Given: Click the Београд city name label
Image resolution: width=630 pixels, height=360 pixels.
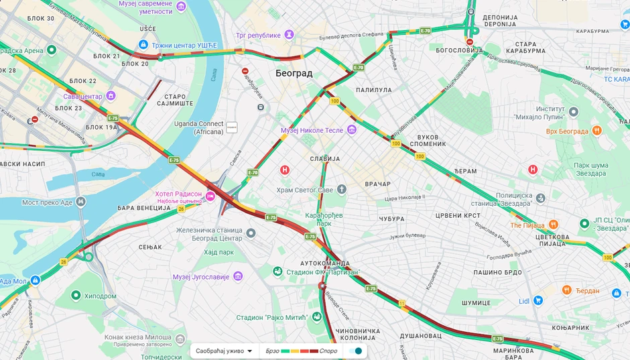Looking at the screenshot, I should [294, 73].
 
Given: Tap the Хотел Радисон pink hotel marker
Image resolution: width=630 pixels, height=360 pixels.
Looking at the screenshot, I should [210, 196].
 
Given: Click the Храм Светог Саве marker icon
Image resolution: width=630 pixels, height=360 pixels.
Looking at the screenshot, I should [341, 190].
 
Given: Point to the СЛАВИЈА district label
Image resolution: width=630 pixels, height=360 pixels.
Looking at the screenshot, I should [324, 159].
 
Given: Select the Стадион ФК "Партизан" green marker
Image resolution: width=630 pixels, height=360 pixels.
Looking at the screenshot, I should [277, 272].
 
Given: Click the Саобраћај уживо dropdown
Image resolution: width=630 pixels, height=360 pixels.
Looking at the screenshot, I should [224, 351].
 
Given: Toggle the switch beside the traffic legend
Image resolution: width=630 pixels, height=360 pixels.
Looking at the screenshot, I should [356, 351].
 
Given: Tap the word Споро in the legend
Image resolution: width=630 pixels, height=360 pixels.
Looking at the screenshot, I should [328, 351].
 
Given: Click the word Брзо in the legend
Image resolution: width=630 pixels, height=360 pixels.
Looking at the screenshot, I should [272, 351].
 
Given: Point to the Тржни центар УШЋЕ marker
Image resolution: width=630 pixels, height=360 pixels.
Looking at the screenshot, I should [143, 44].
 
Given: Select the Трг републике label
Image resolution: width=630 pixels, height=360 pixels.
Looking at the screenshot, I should [257, 34].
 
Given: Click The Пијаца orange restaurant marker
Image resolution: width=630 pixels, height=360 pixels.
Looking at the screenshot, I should [553, 225].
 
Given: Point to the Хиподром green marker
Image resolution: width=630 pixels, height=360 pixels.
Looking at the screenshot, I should [76, 295].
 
